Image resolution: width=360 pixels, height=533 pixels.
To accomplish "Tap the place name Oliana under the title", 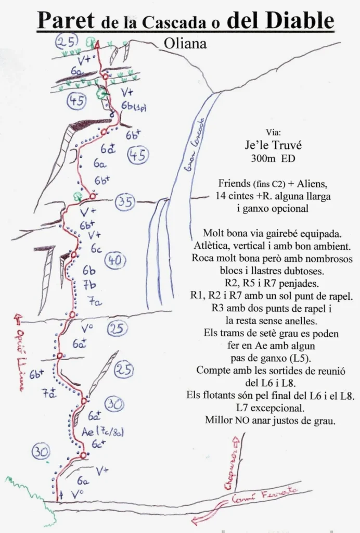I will click(x=185, y=44).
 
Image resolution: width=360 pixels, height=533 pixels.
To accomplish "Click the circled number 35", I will click(x=124, y=201).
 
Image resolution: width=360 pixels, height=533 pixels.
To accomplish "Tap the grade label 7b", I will click(x=89, y=285).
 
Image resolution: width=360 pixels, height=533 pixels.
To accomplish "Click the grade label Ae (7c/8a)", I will click(x=102, y=431).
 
